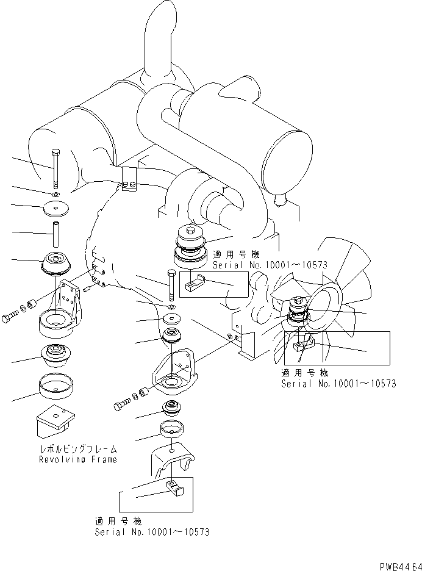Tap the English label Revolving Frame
tap(78, 459)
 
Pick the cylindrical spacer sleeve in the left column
tap(54, 232)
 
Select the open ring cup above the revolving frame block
tap(55, 387)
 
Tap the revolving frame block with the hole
tap(56, 422)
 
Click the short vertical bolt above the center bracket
tap(170, 283)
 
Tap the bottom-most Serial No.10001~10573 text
tap(152, 532)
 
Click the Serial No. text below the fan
tap(338, 383)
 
